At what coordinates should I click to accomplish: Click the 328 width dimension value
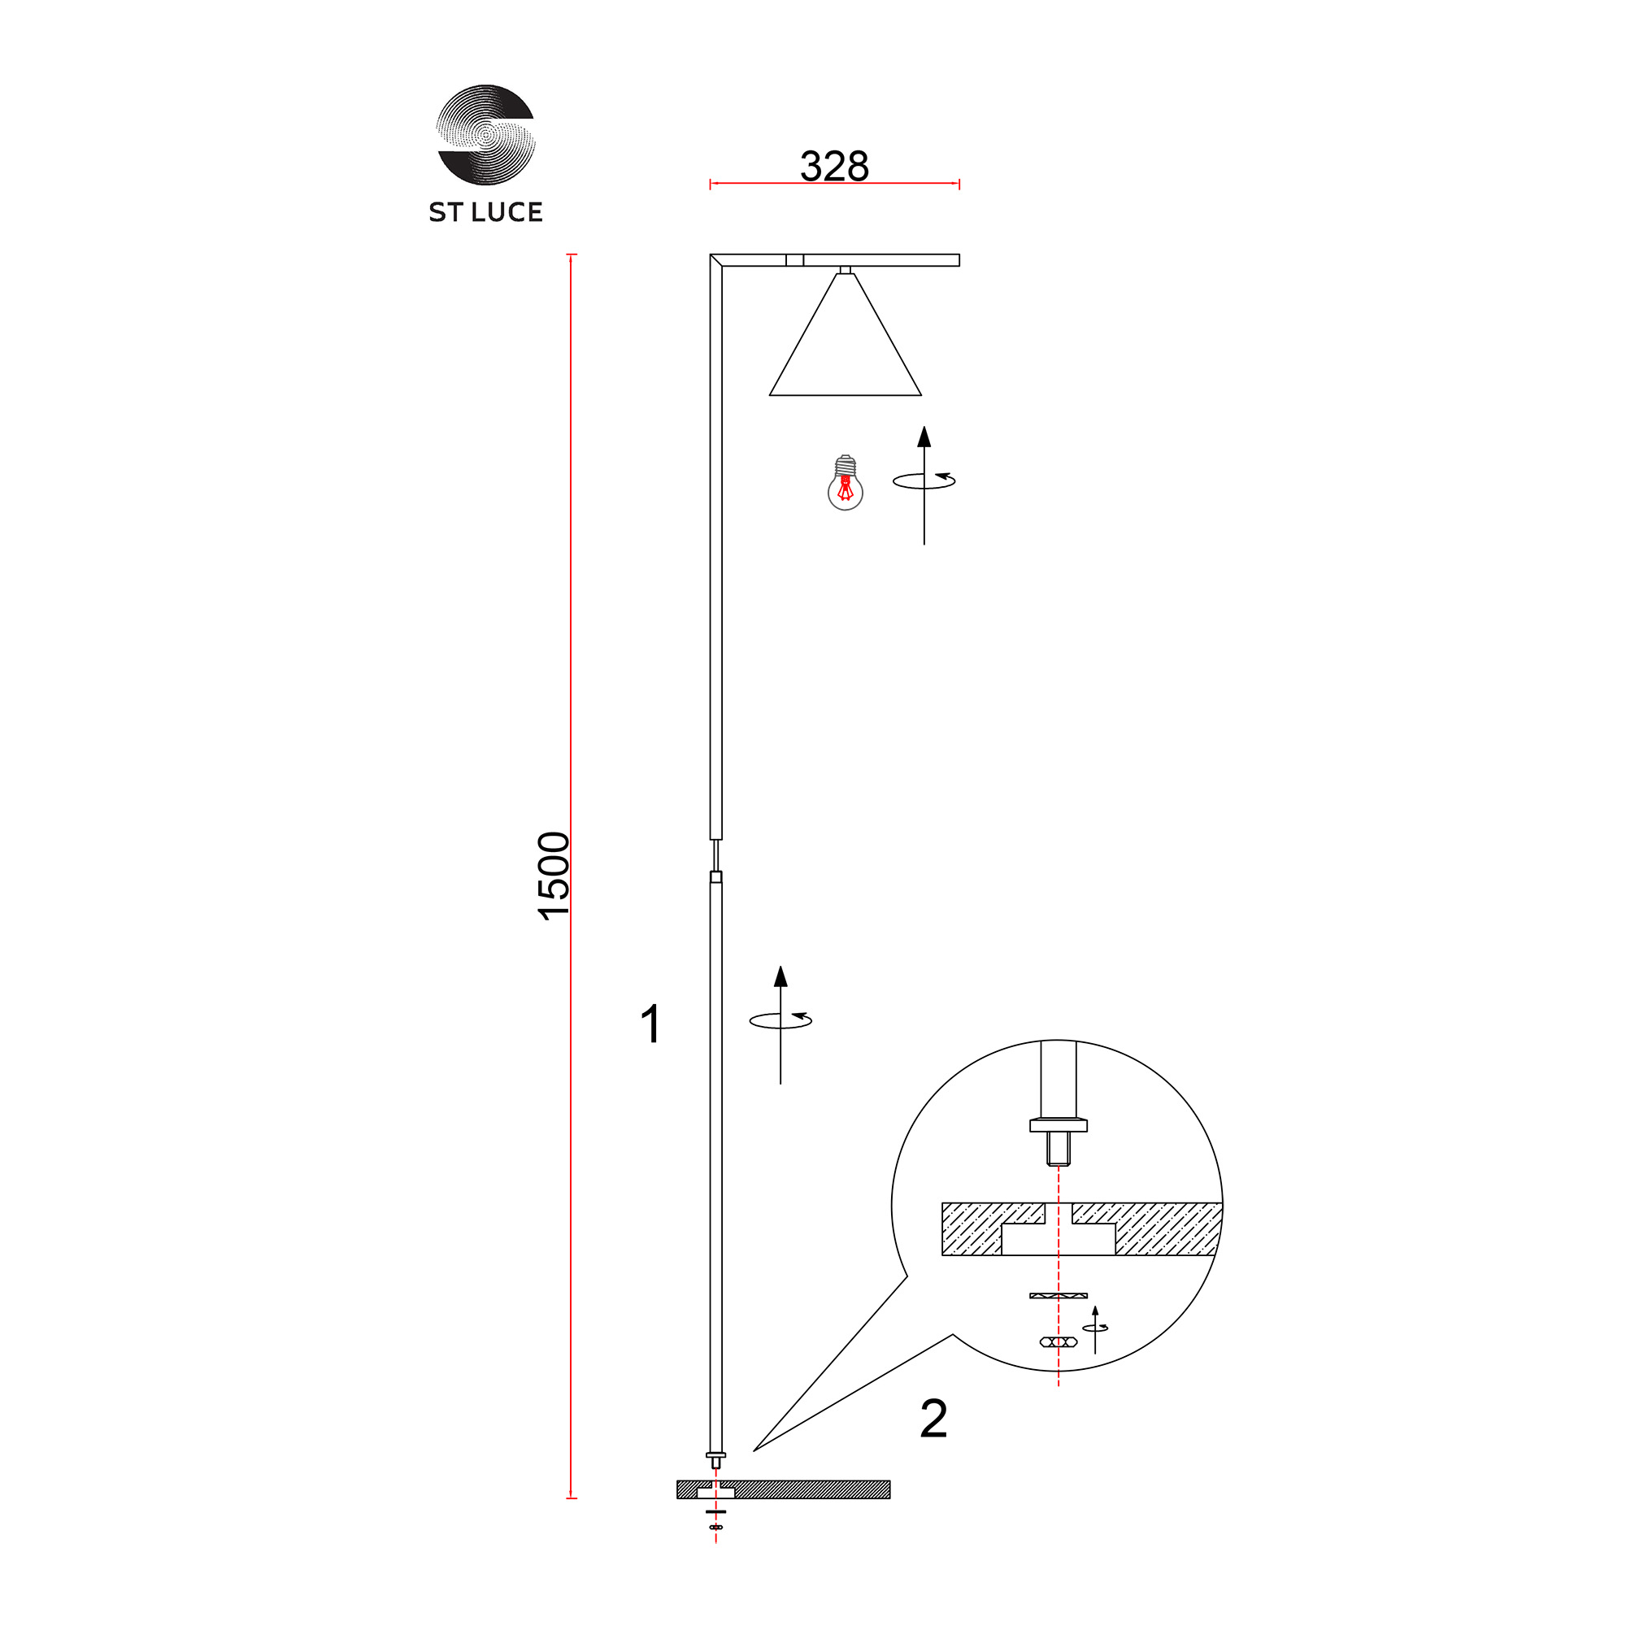pyautogui.click(x=834, y=166)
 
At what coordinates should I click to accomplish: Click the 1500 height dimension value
pyautogui.click(x=554, y=876)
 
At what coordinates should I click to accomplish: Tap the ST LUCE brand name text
pyautogui.click(x=485, y=212)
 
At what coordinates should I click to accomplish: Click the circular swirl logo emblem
pyautogui.click(x=485, y=134)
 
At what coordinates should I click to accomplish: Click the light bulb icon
pyautogui.click(x=845, y=483)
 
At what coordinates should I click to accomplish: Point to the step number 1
pyautogui.click(x=650, y=1024)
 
